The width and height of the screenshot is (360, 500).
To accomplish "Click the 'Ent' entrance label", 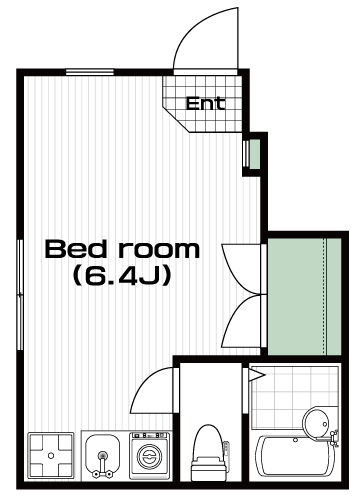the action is (205, 103).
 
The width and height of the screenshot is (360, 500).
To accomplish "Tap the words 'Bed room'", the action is (122, 249).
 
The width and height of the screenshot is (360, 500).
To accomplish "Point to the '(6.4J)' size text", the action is (122, 275).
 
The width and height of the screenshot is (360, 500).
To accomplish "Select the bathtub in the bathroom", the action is (294, 456).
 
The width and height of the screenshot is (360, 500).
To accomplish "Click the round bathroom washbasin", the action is (316, 423).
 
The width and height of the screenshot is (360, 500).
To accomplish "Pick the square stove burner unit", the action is (51, 455).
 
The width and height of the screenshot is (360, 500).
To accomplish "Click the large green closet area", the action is (304, 297).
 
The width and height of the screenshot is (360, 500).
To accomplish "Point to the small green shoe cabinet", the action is (255, 154).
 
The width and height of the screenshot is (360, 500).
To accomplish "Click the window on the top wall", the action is (90, 72).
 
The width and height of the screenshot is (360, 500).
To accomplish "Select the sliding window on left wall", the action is (20, 295).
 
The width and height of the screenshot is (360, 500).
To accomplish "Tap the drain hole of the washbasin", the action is (325, 424).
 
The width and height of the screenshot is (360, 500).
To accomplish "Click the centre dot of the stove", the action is (51, 455).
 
